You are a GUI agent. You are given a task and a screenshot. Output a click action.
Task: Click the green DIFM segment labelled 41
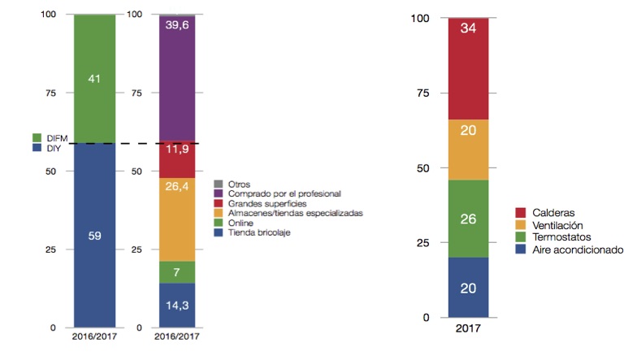click(94, 79)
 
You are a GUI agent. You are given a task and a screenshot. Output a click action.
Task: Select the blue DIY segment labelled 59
click(94, 236)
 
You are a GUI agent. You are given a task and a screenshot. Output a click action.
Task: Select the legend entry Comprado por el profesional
click(272, 194)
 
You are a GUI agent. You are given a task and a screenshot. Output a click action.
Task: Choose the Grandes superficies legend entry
click(265, 203)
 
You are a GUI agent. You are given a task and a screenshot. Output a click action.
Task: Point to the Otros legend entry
click(240, 184)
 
